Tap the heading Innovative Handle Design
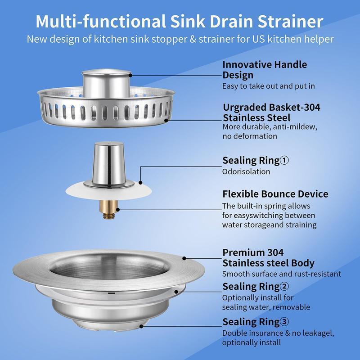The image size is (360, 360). (x=265, y=70)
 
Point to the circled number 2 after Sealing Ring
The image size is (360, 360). (x=284, y=287)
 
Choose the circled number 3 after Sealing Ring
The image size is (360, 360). (x=284, y=322)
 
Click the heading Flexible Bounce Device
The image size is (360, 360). (x=275, y=194)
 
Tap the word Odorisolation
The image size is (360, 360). (x=246, y=171)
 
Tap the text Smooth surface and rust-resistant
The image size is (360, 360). (x=282, y=274)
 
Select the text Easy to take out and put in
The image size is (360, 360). (x=268, y=85)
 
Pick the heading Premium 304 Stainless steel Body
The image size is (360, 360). (x=268, y=258)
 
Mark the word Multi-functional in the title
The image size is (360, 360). (x=90, y=21)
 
